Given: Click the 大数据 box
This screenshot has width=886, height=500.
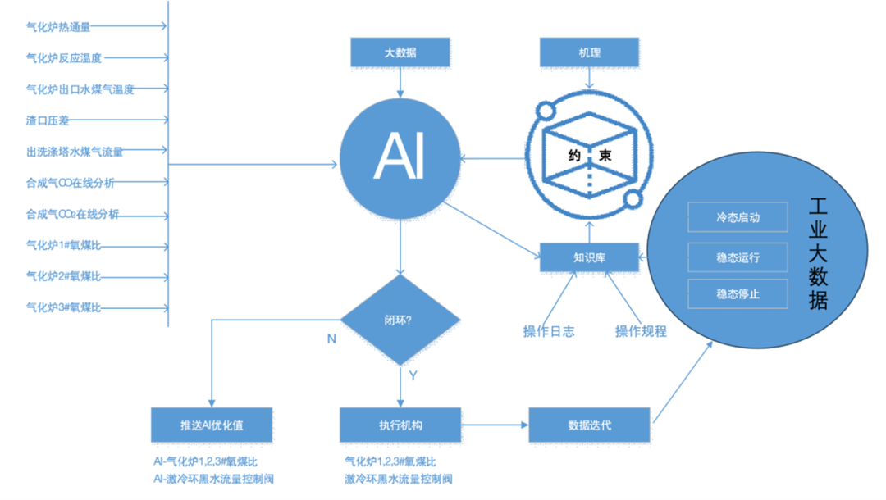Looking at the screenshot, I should (x=400, y=52).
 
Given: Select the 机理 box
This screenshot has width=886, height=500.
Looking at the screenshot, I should (x=589, y=52).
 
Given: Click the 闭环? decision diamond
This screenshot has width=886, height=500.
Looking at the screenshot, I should (x=400, y=319).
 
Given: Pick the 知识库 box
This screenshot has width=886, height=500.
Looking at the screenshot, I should (x=589, y=257).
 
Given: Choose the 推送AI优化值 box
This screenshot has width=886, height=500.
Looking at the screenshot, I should (x=212, y=425).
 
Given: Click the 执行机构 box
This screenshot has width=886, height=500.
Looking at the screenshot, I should (x=400, y=425).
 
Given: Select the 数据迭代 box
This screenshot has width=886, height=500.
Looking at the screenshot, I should (x=589, y=425).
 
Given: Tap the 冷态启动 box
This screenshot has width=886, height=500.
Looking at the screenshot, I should (x=738, y=218).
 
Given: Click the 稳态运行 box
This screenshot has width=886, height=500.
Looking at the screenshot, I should (x=738, y=257).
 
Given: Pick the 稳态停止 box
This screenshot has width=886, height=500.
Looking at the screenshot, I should (x=738, y=293).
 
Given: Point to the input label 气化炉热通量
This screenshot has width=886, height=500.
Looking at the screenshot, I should (x=58, y=27).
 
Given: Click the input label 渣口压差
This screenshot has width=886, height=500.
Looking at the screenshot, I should (x=48, y=120).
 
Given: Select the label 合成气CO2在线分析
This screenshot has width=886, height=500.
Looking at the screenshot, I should (x=72, y=215).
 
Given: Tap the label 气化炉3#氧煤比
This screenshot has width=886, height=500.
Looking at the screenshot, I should (x=64, y=308).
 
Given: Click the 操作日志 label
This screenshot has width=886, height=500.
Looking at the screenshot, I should (x=549, y=332).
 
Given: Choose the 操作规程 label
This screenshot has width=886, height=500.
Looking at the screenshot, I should (x=641, y=332).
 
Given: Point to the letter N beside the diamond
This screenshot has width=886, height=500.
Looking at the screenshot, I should (x=331, y=339).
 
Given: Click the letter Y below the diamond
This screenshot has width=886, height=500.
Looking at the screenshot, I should (x=413, y=375).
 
